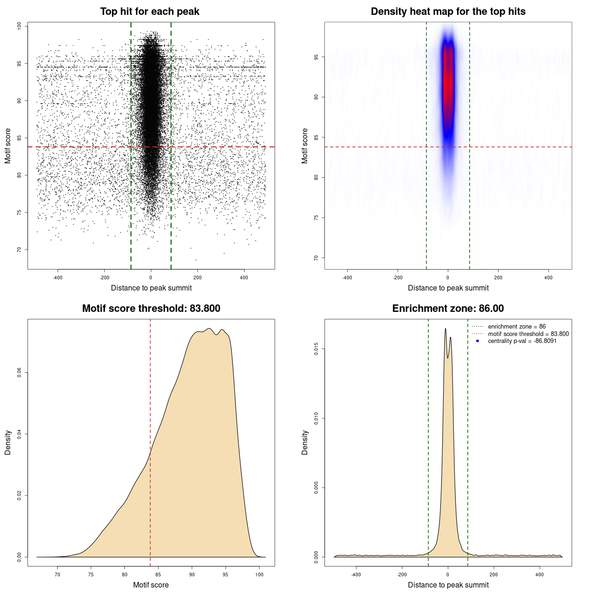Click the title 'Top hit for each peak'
click(x=149, y=12)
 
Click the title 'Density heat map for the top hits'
click(x=448, y=12)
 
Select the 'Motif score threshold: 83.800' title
click(x=151, y=309)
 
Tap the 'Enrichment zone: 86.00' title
click(x=448, y=309)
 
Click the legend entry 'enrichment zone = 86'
click(x=517, y=327)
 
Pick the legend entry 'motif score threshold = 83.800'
click(x=528, y=334)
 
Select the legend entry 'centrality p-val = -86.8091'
click(x=522, y=341)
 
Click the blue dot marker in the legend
click(x=478, y=341)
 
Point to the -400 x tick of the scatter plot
click(x=58, y=278)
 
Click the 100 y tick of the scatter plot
click(x=19, y=26)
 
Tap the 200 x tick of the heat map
click(x=498, y=278)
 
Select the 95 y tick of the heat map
click(x=316, y=57)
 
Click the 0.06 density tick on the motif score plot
click(x=19, y=373)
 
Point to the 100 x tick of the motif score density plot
click(x=259, y=575)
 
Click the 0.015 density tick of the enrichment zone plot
click(x=316, y=349)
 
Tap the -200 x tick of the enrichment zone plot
click(x=402, y=575)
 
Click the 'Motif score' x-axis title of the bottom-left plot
click(x=151, y=585)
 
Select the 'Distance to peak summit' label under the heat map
click(x=448, y=288)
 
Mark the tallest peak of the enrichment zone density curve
click(x=445, y=329)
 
